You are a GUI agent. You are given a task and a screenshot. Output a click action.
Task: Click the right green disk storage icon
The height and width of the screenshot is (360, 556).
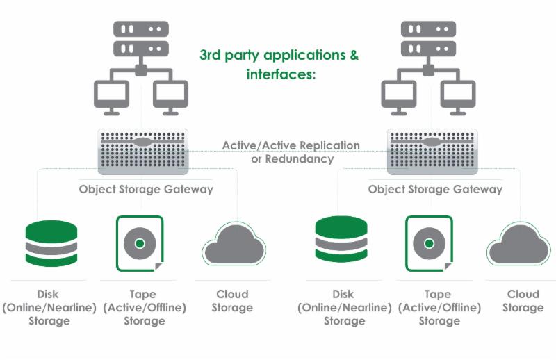click(x=341, y=241)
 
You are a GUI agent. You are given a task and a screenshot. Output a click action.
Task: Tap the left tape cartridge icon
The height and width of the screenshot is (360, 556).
click(x=140, y=243)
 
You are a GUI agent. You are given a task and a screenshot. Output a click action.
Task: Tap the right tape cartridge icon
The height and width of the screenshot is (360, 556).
click(x=429, y=243)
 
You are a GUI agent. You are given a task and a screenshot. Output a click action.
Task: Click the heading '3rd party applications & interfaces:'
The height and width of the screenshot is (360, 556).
click(x=279, y=64)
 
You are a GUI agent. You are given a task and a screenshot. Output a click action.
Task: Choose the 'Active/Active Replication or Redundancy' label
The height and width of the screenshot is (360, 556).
click(x=291, y=152)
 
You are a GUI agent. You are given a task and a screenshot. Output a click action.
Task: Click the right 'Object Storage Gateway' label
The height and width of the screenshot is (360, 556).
click(x=435, y=189)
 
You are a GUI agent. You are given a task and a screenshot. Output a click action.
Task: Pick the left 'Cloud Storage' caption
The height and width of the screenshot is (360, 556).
click(x=232, y=300)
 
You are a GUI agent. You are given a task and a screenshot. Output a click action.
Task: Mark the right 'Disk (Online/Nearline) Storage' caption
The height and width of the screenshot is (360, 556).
click(x=344, y=307)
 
